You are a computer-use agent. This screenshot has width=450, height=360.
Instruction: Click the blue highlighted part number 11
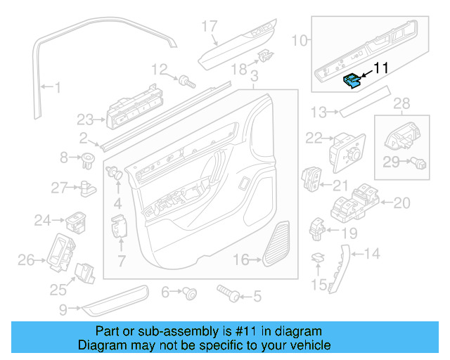coord(351,82)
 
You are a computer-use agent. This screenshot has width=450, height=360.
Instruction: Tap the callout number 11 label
coord(380,68)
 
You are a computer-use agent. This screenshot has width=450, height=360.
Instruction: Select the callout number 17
coord(210,27)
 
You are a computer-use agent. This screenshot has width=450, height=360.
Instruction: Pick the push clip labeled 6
coord(189,292)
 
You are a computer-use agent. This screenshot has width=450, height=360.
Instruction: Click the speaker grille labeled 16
coord(278,244)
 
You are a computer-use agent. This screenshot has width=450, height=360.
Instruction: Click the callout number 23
coord(85,118)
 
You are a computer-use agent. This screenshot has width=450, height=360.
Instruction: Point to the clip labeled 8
coord(88,157)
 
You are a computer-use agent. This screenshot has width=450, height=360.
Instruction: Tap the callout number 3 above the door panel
coord(254,75)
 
